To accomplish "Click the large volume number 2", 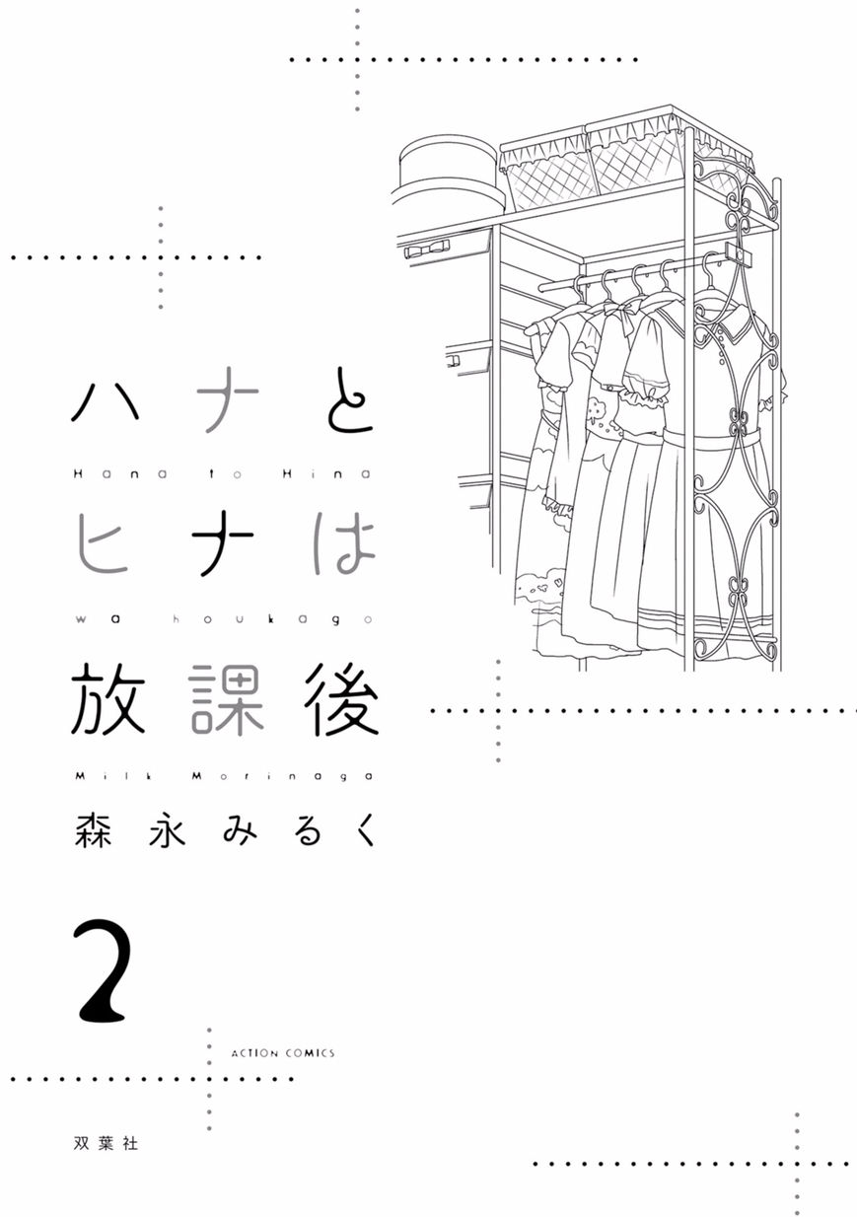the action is [x=104, y=970].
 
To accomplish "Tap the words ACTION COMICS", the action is [x=283, y=1053].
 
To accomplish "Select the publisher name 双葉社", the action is [x=106, y=1144].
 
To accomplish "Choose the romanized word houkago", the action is [x=272, y=620].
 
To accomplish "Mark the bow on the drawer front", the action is [x=428, y=250].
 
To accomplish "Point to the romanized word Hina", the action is [x=326, y=473].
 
